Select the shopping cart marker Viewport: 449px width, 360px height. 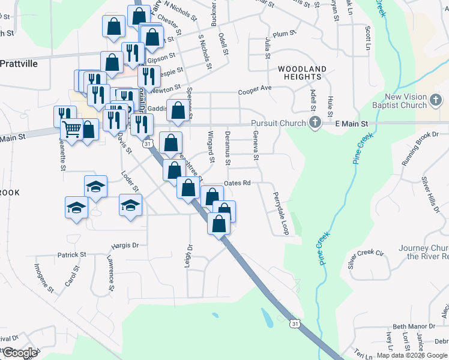point(71,128)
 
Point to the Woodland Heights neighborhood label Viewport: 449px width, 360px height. point(302,73)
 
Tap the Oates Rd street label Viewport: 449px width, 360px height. point(237,183)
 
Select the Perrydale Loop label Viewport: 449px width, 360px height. point(281,213)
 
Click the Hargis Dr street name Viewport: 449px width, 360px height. point(125,245)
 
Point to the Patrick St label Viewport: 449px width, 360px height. point(72,254)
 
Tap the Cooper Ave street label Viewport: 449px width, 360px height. point(255,89)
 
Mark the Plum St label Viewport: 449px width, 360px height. point(281,35)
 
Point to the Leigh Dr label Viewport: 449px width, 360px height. point(190,255)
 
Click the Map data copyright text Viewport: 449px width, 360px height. point(411,355)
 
